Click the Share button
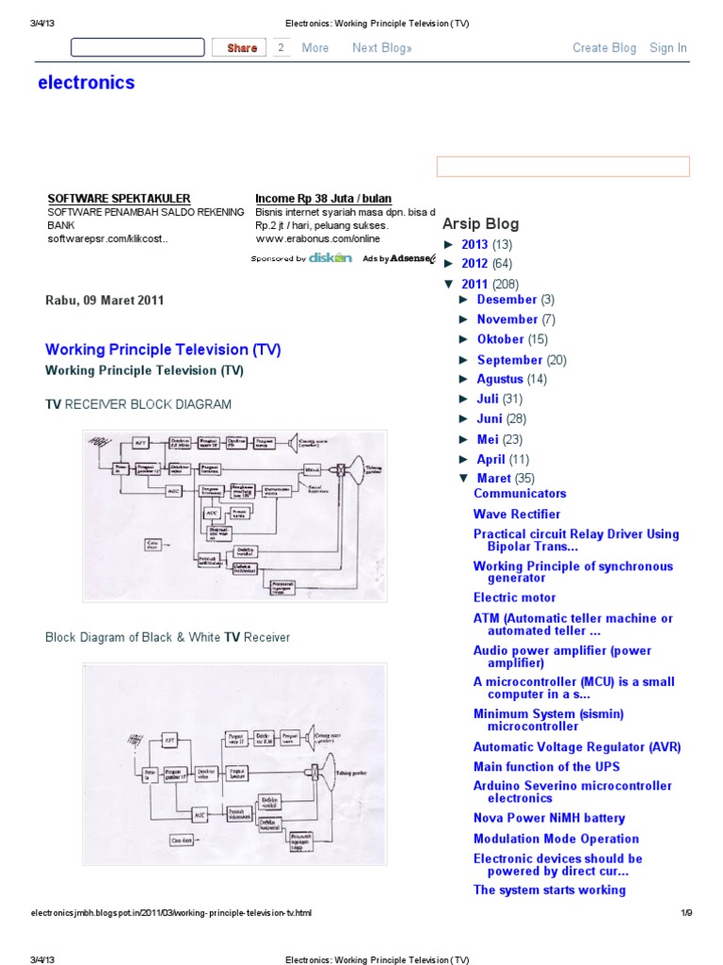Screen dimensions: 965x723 click(x=241, y=48)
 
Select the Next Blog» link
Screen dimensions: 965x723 click(x=382, y=48)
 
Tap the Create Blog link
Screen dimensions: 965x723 click(x=604, y=48)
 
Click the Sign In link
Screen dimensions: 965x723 click(x=668, y=48)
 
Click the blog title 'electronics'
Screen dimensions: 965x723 click(x=87, y=83)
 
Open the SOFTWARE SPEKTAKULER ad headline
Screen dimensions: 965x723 click(x=120, y=199)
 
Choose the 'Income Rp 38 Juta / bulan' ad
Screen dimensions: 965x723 click(x=323, y=199)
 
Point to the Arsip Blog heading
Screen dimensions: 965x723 click(x=481, y=224)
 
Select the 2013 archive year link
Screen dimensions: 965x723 click(x=474, y=245)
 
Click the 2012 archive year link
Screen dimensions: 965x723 click(x=474, y=265)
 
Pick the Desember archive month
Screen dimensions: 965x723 click(x=506, y=300)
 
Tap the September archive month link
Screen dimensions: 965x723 click(x=509, y=360)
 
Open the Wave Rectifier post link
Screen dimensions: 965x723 click(x=517, y=515)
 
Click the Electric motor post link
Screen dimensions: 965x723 click(x=514, y=597)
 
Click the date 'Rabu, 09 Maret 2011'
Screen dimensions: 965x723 click(x=104, y=301)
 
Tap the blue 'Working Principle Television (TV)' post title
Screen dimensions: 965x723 click(x=163, y=350)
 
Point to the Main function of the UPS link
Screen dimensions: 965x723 click(x=546, y=767)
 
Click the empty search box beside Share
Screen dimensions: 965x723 click(x=137, y=48)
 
